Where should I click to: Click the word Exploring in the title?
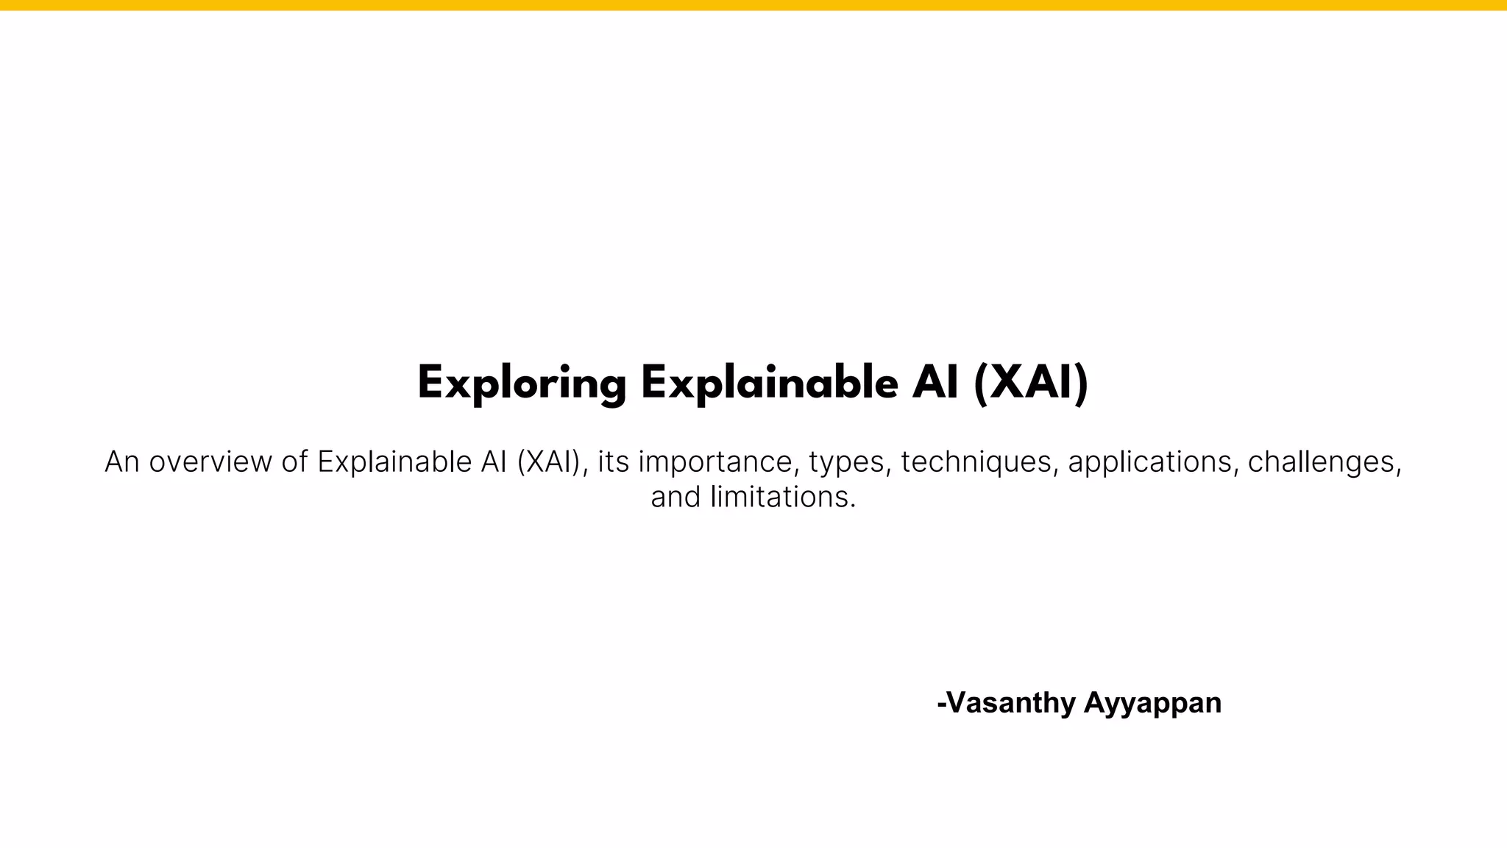[522, 384]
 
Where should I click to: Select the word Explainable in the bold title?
[770, 384]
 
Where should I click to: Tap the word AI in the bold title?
[935, 384]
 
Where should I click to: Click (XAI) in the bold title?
[1030, 384]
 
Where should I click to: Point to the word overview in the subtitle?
[210, 462]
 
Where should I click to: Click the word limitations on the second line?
[784, 498]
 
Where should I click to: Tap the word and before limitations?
[675, 498]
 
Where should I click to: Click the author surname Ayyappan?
[1152, 703]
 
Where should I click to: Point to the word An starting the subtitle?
[122, 462]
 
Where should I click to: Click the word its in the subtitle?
[613, 462]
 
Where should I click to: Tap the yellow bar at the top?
[753, 5]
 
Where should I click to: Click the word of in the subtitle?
[294, 462]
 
